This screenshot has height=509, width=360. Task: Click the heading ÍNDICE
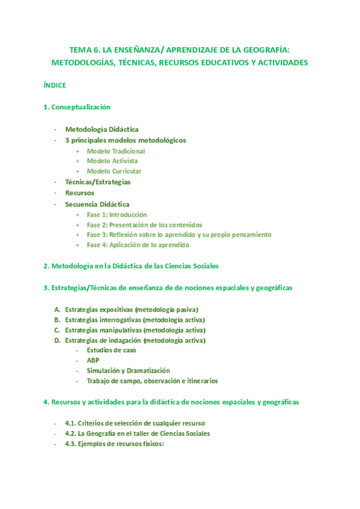pos(55,85)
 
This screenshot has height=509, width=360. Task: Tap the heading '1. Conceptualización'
pos(77,107)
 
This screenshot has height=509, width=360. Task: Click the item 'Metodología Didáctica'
pos(101,130)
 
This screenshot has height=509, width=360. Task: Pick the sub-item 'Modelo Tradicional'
pos(116,151)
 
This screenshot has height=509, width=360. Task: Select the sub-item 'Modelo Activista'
pos(112,161)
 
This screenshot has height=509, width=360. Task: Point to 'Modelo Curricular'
pos(114,172)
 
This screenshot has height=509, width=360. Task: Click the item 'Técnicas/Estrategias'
pos(98,182)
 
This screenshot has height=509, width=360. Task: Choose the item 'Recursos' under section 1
pos(80,193)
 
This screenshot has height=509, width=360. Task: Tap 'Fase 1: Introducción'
pos(116,214)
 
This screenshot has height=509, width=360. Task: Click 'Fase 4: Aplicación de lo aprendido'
pos(138,245)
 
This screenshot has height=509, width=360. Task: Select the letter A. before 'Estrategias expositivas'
pos(57,310)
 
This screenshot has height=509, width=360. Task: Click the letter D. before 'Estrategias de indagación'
pos(57,341)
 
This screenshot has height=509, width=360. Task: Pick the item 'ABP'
pos(93,361)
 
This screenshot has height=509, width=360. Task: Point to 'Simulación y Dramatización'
pos(128,371)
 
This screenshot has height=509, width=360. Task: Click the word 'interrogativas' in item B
pos(115,320)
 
